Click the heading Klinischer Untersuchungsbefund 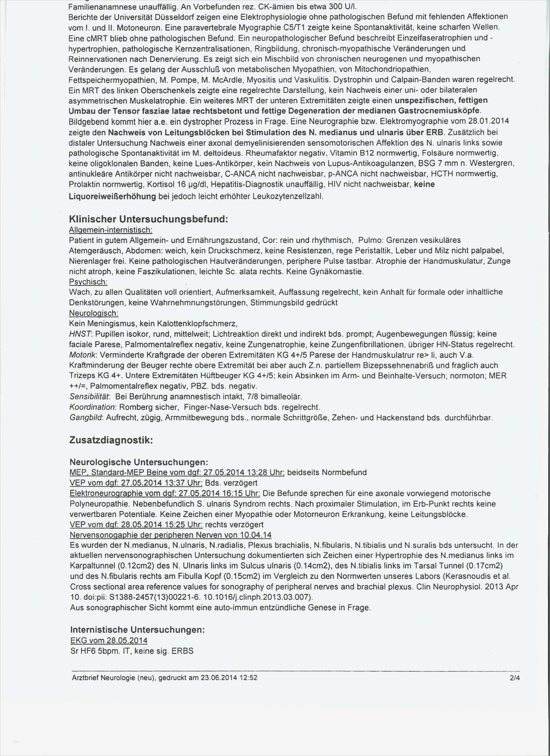pos(148,219)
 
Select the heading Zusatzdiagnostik pos(111,440)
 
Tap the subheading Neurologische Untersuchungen pos(139,462)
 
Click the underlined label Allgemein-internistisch pos(111,230)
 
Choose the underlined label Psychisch pos(88,282)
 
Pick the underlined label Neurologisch pos(93,313)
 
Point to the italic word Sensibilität pos(89,397)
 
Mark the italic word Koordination pos(92,407)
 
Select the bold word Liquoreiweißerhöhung pos(112,197)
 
